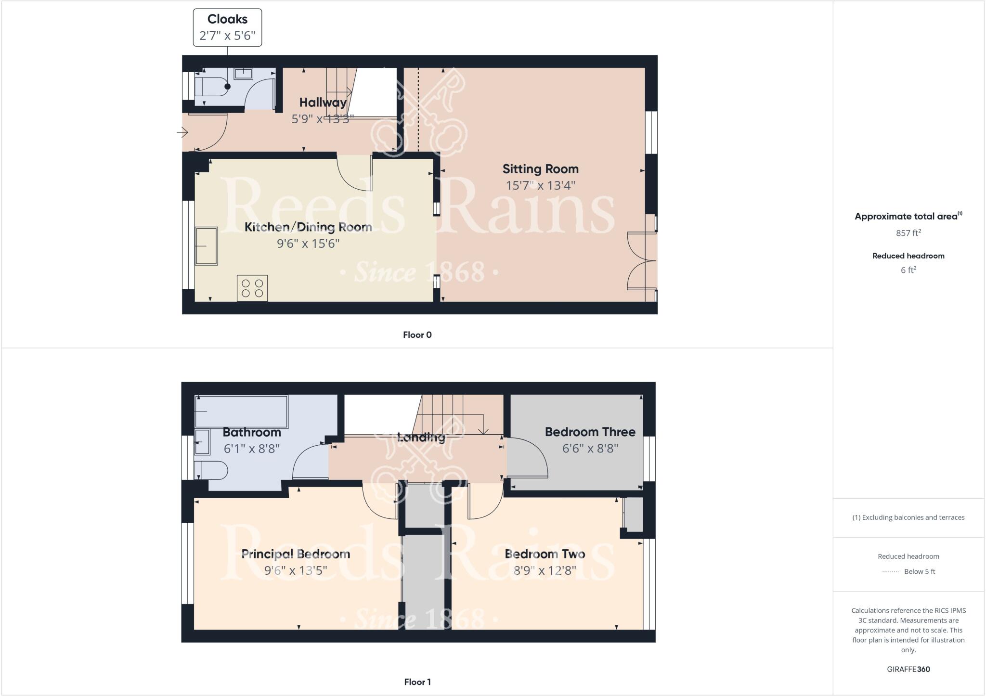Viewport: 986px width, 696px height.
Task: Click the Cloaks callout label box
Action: [227, 27]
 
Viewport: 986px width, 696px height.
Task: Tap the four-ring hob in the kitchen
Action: [252, 288]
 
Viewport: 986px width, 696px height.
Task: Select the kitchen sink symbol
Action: [206, 246]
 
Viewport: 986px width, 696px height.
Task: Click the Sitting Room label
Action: [540, 169]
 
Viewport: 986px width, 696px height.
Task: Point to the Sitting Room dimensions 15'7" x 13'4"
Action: [540, 185]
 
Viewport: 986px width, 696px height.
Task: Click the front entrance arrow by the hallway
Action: [182, 132]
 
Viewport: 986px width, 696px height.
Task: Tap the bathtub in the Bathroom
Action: [241, 412]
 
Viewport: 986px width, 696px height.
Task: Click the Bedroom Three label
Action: [590, 432]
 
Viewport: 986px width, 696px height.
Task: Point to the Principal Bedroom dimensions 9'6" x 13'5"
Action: [296, 570]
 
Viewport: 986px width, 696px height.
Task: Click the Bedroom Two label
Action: [545, 554]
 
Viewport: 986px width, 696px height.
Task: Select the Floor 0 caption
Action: [417, 335]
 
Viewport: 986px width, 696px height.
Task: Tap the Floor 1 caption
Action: [417, 682]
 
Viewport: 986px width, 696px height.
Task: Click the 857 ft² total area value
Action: [908, 233]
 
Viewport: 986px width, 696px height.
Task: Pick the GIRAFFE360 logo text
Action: [908, 669]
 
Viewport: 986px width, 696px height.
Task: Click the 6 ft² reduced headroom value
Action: [908, 270]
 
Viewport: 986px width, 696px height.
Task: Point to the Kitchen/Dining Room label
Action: [308, 227]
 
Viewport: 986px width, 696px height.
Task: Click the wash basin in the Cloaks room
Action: [244, 74]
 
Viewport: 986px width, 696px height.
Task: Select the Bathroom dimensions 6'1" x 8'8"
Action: [251, 449]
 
